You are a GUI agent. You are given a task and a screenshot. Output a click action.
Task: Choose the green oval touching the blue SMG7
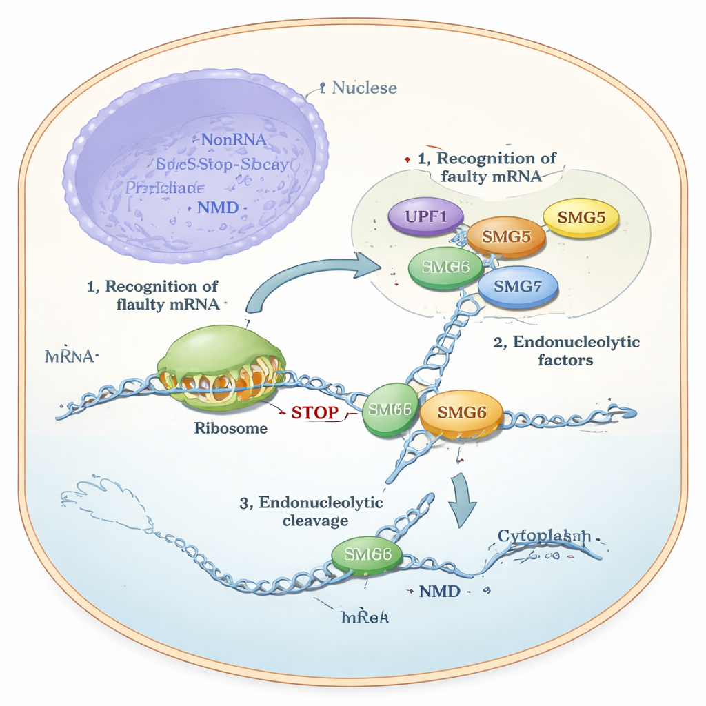coord(445,268)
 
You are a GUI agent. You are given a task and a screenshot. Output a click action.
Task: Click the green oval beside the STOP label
coord(390,410)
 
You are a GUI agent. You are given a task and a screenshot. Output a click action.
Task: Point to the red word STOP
coord(315,413)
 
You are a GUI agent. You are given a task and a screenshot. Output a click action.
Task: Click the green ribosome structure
coord(221,363)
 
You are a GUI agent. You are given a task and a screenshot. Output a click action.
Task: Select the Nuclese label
coord(364,88)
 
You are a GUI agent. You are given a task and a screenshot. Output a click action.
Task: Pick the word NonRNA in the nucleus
coord(234,139)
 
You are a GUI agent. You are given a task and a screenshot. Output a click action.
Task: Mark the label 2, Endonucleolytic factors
coord(567,350)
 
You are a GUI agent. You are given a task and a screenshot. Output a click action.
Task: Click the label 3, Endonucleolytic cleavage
coord(312,512)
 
